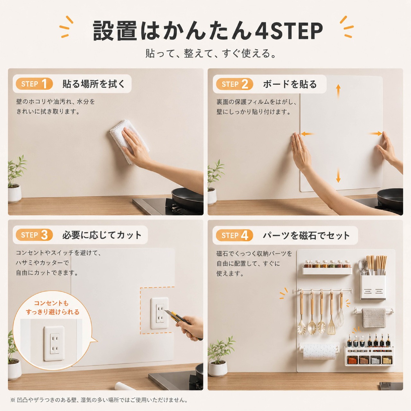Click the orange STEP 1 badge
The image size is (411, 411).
coord(34,84)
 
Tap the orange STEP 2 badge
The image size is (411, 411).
coord(234,84)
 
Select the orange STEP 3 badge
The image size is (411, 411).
coord(34,235)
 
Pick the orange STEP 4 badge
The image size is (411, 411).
coord(234,235)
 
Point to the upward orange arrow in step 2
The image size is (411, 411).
coord(338,91)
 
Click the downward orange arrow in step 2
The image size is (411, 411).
coord(338,175)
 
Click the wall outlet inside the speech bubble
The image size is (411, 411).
coord(54,343)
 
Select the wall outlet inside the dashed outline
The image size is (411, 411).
coord(160,313)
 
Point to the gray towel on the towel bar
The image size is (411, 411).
coord(374,318)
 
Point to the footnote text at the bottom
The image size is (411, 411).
coord(99,400)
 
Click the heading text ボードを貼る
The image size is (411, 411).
coord(290,84)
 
